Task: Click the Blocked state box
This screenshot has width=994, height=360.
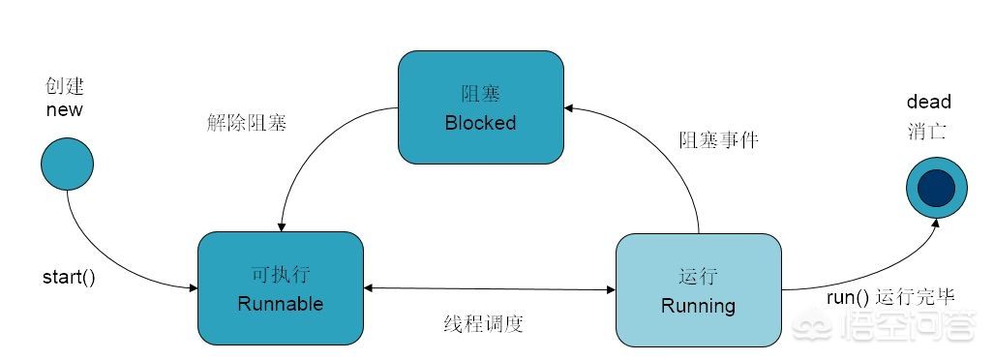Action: point(480,107)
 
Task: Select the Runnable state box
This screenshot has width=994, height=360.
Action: point(280,287)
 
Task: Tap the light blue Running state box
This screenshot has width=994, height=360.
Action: point(699,289)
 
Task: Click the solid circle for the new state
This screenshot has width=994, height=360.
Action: point(67,164)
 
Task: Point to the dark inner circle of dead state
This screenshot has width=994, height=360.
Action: point(936,188)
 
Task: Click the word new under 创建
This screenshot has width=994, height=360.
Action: point(65,109)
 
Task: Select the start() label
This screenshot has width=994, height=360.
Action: point(69,278)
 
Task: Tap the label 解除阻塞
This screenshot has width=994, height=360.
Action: point(247,122)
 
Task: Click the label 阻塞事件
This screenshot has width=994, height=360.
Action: point(719,139)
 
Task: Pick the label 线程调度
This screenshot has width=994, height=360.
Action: point(483,324)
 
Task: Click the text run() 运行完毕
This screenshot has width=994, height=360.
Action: point(890,297)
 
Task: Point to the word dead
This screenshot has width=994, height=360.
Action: point(929,102)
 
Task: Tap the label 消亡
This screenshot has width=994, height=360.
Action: point(927,132)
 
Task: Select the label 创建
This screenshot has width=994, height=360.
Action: point(65,86)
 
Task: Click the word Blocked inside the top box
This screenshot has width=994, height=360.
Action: point(480,122)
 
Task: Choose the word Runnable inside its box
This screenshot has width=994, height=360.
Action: point(280,304)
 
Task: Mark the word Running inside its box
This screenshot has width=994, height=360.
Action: point(698,306)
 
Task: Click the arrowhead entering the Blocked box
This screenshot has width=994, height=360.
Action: point(569,109)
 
